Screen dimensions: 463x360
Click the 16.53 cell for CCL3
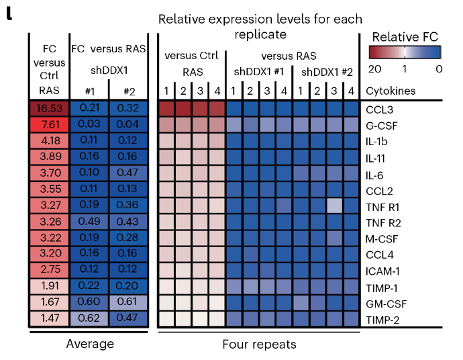[49, 108]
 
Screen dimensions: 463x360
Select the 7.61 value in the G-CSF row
[49, 124]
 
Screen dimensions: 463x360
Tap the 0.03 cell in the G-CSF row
[89, 124]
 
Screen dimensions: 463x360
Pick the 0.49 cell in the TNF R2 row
[89, 222]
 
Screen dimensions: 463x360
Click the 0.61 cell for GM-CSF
[128, 302]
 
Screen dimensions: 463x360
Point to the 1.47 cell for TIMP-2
[49, 318]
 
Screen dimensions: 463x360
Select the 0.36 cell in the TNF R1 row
[128, 205]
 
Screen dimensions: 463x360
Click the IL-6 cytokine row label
[374, 175]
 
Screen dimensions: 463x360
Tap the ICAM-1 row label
[382, 271]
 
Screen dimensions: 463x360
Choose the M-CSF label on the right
[382, 239]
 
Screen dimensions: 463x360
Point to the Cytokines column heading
[391, 91]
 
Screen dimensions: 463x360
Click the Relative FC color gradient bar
[405, 52]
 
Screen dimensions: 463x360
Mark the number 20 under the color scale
[374, 69]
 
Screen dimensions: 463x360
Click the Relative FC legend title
[405, 37]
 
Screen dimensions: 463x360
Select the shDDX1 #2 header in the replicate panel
[327, 72]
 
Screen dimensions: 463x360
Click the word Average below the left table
[90, 344]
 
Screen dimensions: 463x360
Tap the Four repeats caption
[259, 345]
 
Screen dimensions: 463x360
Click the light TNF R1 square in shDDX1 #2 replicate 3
[335, 206]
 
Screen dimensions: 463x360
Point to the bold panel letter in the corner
[9, 13]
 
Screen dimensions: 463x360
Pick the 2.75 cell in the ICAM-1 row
[49, 269]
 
